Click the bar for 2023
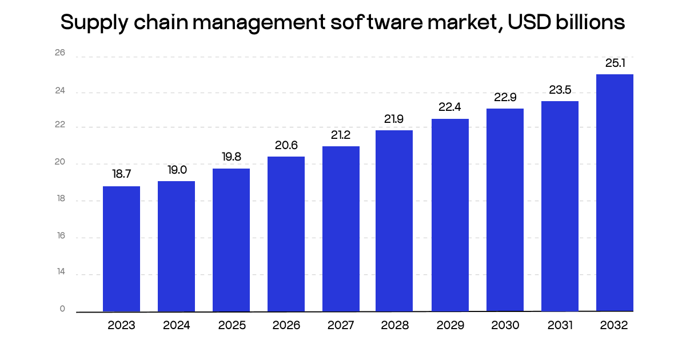click(x=121, y=249)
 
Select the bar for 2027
click(x=341, y=229)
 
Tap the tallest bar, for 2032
click(x=615, y=193)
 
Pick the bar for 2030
click(x=505, y=210)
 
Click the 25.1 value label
click(x=615, y=63)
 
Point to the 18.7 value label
click(x=121, y=174)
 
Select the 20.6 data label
click(x=286, y=145)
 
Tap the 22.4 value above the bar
click(x=450, y=107)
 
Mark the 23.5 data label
click(x=560, y=90)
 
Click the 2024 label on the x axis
click(x=176, y=326)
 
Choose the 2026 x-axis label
click(x=286, y=326)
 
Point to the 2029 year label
click(x=450, y=326)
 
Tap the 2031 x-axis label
click(x=560, y=326)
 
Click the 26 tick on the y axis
click(x=60, y=53)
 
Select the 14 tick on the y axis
click(x=60, y=273)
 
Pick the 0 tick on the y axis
click(x=62, y=309)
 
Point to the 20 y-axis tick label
click(x=60, y=163)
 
